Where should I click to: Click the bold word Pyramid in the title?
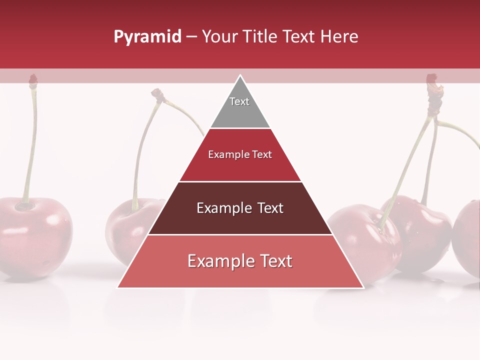coord(147,37)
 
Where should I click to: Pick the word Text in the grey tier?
coord(239,101)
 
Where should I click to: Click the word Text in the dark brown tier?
coord(270,208)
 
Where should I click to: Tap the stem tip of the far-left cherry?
coord(33,79)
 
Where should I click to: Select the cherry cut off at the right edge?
coord(468,237)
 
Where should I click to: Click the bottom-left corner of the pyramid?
coord(118,287)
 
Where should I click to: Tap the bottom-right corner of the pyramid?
coord(363,287)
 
